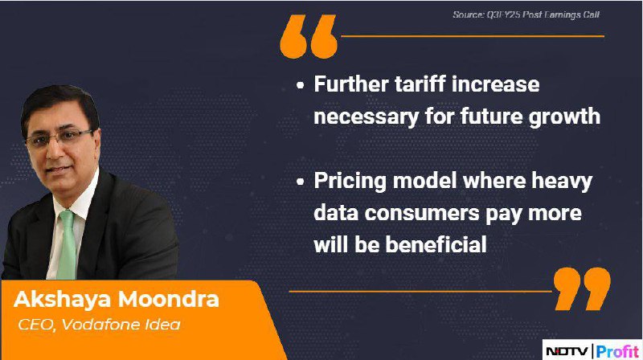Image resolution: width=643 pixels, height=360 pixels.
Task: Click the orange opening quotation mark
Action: coord(309,36)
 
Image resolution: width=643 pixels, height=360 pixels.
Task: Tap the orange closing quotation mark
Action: coord(582,288)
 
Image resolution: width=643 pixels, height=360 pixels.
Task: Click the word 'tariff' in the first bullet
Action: coord(420,84)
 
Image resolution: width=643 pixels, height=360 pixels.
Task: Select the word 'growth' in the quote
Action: coord(564,117)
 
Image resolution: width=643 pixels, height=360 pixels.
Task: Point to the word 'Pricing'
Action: coord(350,182)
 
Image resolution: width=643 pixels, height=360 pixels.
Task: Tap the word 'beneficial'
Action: coord(436,244)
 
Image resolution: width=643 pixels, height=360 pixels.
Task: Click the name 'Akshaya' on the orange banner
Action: coord(63,299)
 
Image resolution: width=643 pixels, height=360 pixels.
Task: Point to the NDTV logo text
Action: coord(567,351)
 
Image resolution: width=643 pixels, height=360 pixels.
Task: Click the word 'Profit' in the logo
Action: coord(617,351)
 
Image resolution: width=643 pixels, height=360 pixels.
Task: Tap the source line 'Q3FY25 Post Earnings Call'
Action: coord(543,14)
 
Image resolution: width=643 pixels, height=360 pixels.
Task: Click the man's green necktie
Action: coord(68,245)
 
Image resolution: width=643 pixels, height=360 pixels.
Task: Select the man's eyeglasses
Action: coord(57,137)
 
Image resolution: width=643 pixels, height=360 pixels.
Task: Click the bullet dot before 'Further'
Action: coord(300,85)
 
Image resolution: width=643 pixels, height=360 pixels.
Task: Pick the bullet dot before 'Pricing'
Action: coord(300,182)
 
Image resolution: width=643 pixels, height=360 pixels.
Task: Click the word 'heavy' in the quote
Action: coord(562,182)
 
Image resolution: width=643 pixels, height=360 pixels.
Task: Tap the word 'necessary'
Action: coord(367,117)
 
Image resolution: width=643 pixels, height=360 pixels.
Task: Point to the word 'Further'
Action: coord(351,84)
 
